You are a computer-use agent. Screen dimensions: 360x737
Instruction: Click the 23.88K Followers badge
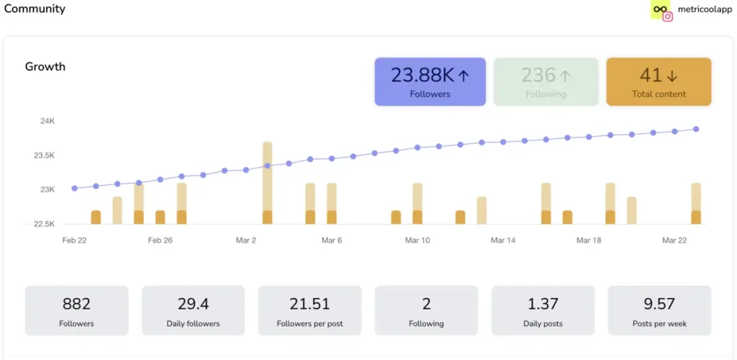[x=430, y=82]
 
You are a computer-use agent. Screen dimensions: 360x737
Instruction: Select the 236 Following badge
[x=546, y=82]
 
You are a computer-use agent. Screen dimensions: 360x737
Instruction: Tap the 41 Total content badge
[x=659, y=82]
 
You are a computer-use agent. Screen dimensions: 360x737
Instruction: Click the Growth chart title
[x=45, y=66]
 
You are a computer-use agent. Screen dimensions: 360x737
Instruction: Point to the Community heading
[x=35, y=9]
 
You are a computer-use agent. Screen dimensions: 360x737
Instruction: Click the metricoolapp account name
[x=705, y=9]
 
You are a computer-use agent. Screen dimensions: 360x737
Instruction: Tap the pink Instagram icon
[x=667, y=17]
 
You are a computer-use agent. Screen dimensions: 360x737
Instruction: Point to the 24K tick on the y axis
[x=48, y=121]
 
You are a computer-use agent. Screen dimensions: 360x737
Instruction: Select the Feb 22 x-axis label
[x=74, y=240]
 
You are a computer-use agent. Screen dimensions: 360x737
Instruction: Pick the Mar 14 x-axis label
[x=502, y=240]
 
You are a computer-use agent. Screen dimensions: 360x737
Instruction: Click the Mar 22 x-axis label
[x=674, y=240]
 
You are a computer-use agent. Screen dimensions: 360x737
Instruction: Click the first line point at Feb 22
[x=74, y=189]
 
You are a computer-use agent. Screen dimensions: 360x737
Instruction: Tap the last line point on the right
[x=696, y=129]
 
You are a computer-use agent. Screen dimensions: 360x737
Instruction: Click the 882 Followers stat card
[x=76, y=310]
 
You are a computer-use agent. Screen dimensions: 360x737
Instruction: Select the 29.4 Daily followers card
[x=193, y=310]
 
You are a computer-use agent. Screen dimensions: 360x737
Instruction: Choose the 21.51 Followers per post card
[x=309, y=310]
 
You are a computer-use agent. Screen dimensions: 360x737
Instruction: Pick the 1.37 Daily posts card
[x=543, y=310]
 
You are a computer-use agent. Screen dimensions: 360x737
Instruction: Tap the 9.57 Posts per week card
[x=659, y=310]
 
